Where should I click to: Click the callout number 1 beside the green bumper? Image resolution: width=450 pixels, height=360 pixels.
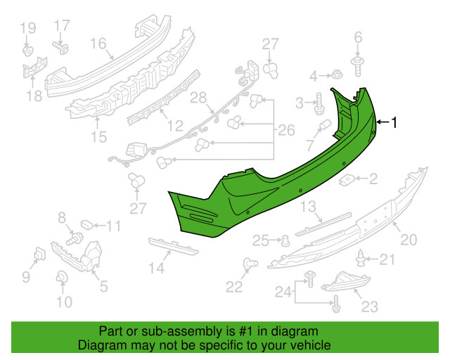(x=394, y=122)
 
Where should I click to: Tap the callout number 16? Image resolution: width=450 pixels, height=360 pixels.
(x=98, y=44)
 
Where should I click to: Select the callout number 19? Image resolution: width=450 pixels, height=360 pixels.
(x=28, y=28)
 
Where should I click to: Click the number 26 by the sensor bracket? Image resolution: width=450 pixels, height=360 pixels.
(x=286, y=130)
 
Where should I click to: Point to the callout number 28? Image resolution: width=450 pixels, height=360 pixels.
(x=198, y=98)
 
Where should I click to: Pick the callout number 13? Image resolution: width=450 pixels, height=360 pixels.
(x=308, y=207)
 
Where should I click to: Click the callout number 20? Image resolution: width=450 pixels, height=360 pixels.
(x=409, y=240)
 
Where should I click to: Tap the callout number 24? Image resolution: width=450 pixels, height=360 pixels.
(x=283, y=292)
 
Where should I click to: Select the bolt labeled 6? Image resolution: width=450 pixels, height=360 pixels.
(x=358, y=67)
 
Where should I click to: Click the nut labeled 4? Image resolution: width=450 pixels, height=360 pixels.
(x=337, y=75)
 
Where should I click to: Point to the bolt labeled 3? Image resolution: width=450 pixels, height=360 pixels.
(x=319, y=103)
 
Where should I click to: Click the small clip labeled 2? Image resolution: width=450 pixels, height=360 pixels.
(x=347, y=180)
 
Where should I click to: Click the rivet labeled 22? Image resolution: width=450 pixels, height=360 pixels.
(x=250, y=264)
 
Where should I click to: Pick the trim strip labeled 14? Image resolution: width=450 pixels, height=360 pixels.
(x=174, y=246)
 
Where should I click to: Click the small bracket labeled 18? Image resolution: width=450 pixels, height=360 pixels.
(x=35, y=67)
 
